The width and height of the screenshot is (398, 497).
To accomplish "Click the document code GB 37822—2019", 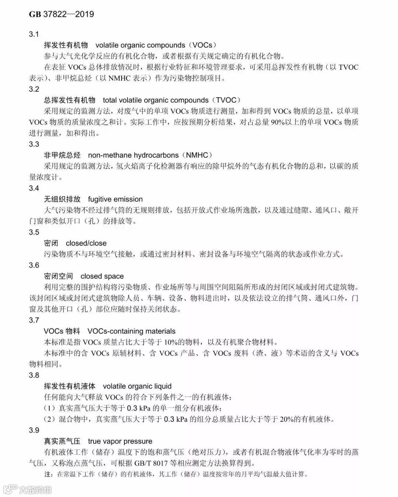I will (62, 14).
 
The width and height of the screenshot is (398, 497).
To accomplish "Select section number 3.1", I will (34, 34).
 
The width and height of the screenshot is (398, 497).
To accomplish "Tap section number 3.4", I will (34, 188).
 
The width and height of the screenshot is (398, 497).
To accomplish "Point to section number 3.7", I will (34, 320).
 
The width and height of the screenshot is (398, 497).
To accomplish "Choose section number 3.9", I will (34, 430).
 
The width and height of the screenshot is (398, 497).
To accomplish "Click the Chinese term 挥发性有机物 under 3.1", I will (66, 45).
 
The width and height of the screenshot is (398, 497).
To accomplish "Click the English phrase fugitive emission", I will (115, 199).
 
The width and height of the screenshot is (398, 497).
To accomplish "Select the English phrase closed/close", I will (86, 243).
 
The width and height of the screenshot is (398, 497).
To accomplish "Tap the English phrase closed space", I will (102, 277).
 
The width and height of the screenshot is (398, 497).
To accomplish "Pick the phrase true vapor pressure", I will (120, 441).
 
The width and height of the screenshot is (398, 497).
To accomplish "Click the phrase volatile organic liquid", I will (137, 386).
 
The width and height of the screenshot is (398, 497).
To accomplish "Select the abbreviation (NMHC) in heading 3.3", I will (199, 155).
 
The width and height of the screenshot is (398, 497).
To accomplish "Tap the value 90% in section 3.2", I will (278, 122).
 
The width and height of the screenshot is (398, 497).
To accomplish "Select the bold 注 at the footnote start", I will (46, 474).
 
